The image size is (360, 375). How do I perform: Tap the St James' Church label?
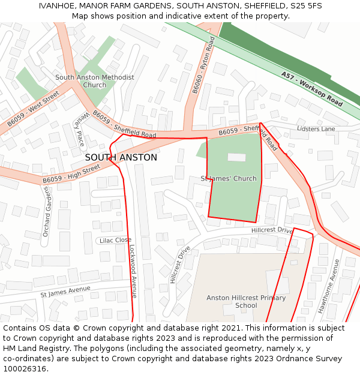pos(229,178)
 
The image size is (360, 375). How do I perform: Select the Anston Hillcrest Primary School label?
pos(246,301)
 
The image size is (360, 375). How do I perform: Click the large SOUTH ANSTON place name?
pos(121,157)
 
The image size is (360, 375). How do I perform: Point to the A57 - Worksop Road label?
pos(311,89)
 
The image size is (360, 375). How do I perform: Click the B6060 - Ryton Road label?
pos(203,65)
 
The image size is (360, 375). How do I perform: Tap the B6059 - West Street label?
pos(33,109)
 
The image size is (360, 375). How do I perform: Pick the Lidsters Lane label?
pos(316,129)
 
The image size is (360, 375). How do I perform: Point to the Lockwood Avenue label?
pos(133,270)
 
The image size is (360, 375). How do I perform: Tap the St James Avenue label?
pos(65,292)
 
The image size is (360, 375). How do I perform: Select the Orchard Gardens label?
pos(46,211)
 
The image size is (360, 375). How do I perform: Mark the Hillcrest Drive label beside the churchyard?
pos(272,230)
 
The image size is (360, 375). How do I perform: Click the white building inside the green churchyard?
pos(236,157)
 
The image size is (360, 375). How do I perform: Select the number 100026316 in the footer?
pos(25,368)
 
